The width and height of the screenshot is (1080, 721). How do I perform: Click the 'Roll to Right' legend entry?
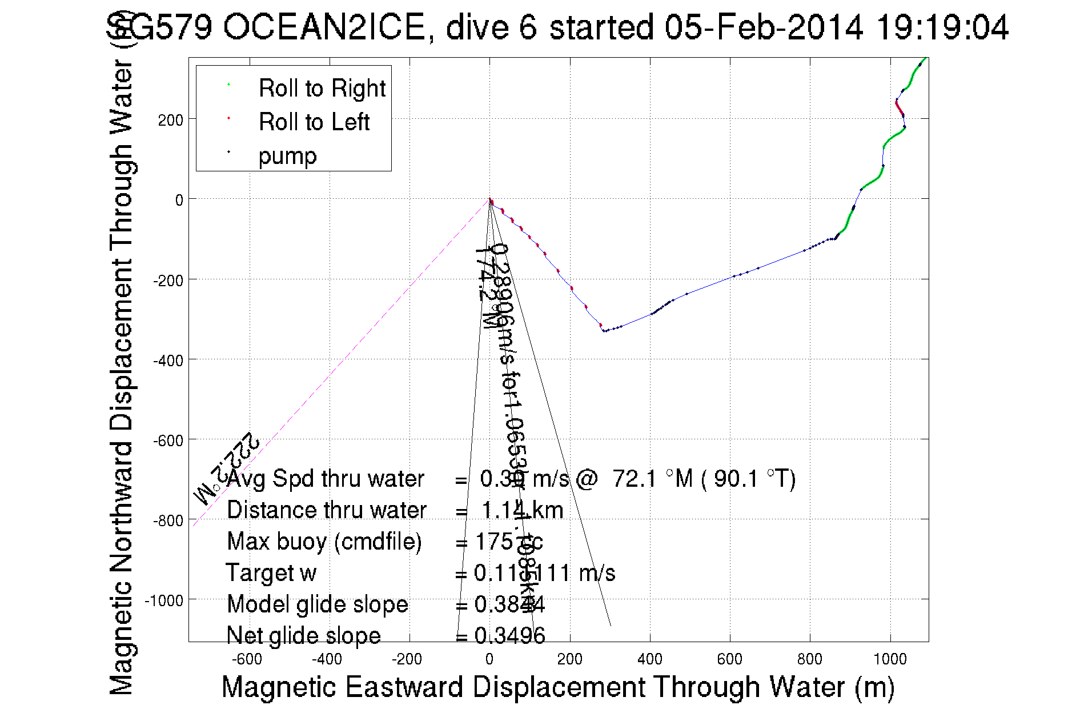click(322, 88)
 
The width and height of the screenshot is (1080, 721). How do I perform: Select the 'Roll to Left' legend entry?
click(314, 122)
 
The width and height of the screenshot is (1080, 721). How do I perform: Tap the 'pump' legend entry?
click(287, 155)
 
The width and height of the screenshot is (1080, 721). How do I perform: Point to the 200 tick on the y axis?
click(170, 120)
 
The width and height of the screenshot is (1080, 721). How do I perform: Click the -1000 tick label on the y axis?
click(164, 600)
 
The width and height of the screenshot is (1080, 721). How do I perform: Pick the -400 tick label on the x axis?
click(327, 659)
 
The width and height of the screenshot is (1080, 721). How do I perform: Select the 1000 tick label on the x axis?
click(890, 659)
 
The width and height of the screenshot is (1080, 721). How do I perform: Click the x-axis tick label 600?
click(729, 659)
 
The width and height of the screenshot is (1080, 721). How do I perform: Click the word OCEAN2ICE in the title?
click(324, 27)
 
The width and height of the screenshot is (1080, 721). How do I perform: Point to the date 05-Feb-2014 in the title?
click(764, 27)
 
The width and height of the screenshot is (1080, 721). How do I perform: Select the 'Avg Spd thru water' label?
click(325, 479)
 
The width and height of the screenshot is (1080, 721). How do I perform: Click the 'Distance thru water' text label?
click(326, 510)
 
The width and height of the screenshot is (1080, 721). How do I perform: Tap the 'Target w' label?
click(271, 573)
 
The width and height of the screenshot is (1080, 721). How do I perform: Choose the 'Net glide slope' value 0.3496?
click(509, 635)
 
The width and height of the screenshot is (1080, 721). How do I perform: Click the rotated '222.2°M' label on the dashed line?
click(227, 468)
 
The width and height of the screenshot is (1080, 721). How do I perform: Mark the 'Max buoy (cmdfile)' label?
click(324, 542)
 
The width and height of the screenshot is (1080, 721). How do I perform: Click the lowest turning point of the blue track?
click(605, 331)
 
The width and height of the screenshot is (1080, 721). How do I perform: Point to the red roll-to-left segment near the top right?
click(900, 107)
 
